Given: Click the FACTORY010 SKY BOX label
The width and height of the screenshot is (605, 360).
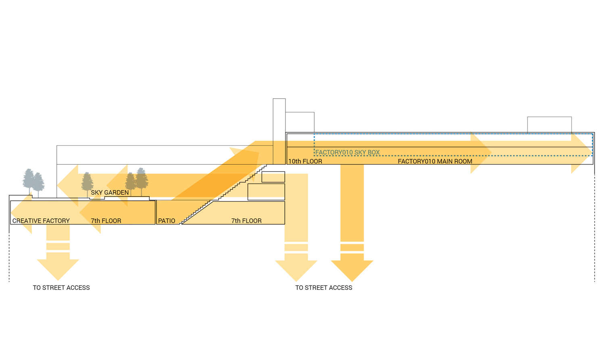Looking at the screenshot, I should point(347,153).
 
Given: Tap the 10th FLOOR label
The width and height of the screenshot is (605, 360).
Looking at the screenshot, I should point(305,161).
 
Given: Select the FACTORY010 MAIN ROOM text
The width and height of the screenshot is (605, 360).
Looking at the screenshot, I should point(435,161).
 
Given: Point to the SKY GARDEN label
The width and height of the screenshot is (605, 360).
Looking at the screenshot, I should point(110,193).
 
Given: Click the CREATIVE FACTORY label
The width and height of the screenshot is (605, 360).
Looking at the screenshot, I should point(41,221).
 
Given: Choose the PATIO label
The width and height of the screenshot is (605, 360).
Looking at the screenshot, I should point(167,221).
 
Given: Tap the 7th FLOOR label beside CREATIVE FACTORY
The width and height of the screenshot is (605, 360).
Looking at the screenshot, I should point(106,221).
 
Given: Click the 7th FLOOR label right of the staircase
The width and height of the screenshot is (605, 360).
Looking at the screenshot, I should point(246,221).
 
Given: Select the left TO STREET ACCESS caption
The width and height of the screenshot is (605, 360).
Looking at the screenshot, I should point(61,288).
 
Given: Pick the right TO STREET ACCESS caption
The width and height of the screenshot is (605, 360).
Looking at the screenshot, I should point(323,288).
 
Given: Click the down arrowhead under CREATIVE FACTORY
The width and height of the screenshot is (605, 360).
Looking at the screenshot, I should point(58,268).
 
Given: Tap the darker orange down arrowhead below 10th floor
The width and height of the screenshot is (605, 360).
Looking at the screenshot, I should point(352,270).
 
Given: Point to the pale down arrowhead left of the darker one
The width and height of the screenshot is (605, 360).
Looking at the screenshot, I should point(296,270).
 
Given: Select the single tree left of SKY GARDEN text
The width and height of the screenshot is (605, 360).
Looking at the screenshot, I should point(87,182).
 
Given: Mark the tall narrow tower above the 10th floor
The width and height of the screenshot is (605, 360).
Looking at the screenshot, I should point(279,121).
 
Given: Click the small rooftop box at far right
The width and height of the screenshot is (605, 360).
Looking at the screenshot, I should point(549,125).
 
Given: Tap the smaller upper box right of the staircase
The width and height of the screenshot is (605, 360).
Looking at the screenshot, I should point(273,177).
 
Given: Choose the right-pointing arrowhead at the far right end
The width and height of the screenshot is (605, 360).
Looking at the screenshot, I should point(582,153).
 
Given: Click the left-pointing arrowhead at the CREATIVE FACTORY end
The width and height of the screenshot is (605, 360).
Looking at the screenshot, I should point(20,214).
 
